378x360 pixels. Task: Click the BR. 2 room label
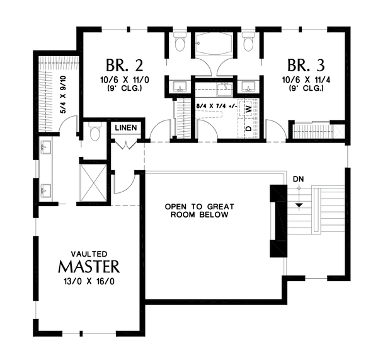125,66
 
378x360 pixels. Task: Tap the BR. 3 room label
306,66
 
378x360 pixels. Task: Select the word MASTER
89,267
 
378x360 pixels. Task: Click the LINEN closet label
126,127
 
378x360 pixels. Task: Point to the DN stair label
298,179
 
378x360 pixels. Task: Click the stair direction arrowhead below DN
299,206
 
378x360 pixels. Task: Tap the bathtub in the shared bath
214,44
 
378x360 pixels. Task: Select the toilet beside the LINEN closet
94,132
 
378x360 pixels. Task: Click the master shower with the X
93,182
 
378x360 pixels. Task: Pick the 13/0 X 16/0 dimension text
89,281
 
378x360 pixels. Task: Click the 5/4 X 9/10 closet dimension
63,95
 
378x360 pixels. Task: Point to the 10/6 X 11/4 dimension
306,79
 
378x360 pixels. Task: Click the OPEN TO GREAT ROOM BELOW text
199,211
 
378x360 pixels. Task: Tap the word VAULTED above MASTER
89,254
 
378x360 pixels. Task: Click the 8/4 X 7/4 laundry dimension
217,106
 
